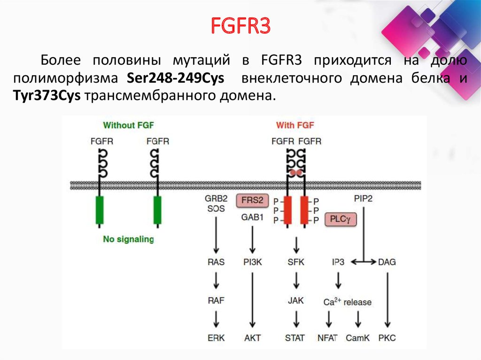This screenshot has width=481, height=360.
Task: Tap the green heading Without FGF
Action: [x=128, y=125]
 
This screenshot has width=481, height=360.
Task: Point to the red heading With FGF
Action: [x=295, y=125]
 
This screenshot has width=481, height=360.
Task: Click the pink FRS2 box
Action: [x=252, y=201]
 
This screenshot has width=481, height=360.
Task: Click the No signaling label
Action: [x=128, y=239]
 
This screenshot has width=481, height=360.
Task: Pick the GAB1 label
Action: [x=252, y=217]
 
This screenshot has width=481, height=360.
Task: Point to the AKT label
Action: [x=252, y=337]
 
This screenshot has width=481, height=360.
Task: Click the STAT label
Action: [x=295, y=337]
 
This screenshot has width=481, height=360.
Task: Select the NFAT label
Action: [x=327, y=337]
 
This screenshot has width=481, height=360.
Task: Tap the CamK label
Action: [x=358, y=337]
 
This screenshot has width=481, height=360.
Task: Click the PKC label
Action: [x=387, y=337]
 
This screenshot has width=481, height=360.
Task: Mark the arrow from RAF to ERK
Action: [x=216, y=319]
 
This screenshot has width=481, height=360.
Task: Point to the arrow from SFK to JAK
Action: [x=296, y=282]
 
